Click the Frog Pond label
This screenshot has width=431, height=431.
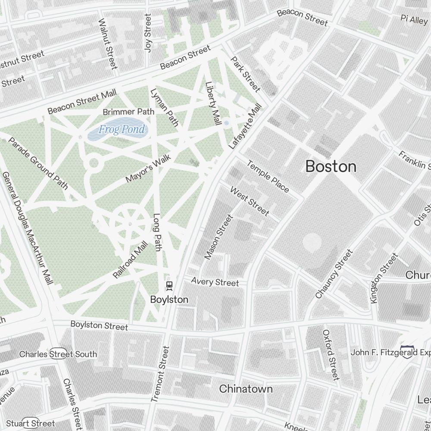(122, 129)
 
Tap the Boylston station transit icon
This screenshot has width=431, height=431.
(169, 285)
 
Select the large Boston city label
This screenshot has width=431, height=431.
(331, 166)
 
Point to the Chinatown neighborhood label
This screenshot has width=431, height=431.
(246, 389)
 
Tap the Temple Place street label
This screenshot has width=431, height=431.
(268, 176)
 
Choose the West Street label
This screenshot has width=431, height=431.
(250, 201)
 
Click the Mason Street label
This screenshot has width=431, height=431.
(219, 237)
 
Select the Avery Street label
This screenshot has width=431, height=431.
(215, 282)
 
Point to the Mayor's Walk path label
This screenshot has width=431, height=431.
(148, 169)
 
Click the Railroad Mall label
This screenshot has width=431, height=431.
(130, 259)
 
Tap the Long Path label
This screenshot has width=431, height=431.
(157, 232)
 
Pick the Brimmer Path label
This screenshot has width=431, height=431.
(128, 112)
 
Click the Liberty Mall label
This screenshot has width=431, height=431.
(211, 104)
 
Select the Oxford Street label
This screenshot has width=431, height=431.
(331, 355)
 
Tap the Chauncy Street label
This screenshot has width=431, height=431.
(334, 274)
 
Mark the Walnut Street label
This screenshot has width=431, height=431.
(108, 44)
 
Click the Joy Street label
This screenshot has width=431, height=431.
(148, 33)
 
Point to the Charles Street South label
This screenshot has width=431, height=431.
(58, 354)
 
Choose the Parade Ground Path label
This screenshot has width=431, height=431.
(38, 163)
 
